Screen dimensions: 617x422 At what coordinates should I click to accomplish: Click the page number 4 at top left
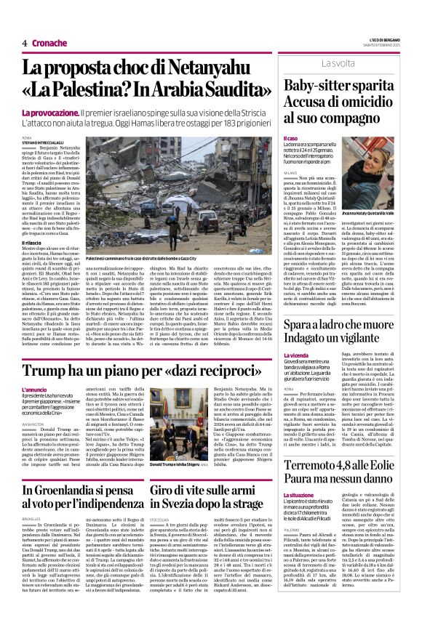coord(25,43)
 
